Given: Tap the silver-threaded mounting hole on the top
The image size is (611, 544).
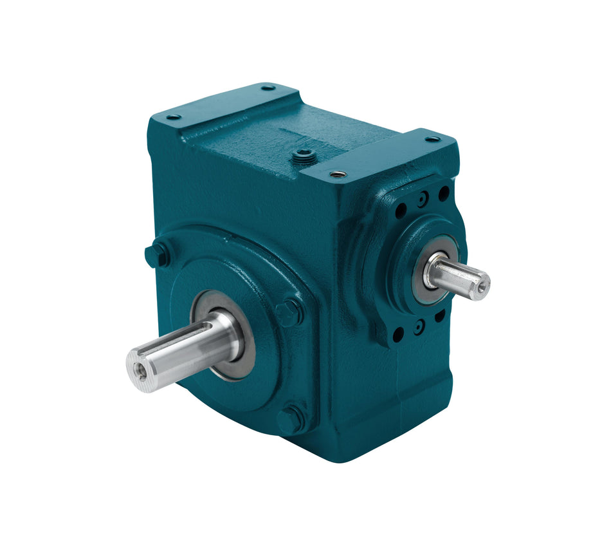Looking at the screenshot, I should [337, 173].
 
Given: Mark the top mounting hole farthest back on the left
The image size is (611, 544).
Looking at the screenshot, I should [268, 88].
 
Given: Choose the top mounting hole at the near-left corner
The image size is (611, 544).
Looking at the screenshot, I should [173, 117].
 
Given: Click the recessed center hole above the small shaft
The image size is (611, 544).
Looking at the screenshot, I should [421, 200].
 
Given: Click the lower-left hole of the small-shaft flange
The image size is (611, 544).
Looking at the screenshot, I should [399, 333].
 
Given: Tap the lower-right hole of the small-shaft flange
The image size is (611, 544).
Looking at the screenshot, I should [440, 315].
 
